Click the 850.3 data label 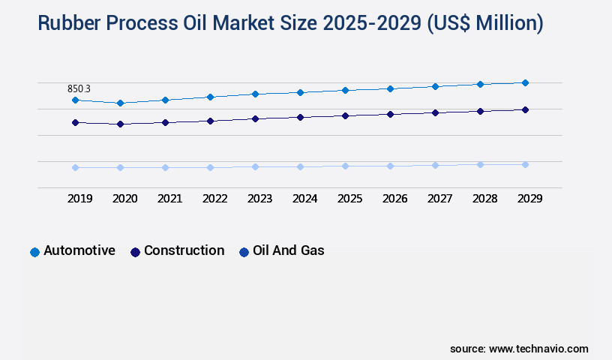coord(79,88)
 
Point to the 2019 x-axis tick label coord(79,199)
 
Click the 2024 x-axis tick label coord(304,199)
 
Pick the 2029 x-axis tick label coord(529,199)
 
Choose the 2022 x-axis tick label coord(214,199)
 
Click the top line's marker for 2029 coord(525,82)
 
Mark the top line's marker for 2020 coord(120,103)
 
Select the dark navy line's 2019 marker coord(75,122)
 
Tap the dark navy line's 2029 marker coord(525,109)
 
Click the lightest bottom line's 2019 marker coord(75,167)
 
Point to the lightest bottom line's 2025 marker coord(345,166)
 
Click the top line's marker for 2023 coord(255,94)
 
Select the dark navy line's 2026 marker coord(390,114)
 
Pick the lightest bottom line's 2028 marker coord(480,164)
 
